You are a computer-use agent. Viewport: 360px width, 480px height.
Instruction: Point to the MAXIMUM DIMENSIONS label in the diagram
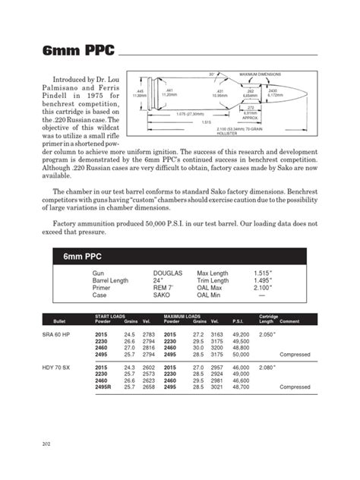261,74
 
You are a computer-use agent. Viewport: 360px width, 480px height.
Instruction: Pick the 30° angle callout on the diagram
212,74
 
